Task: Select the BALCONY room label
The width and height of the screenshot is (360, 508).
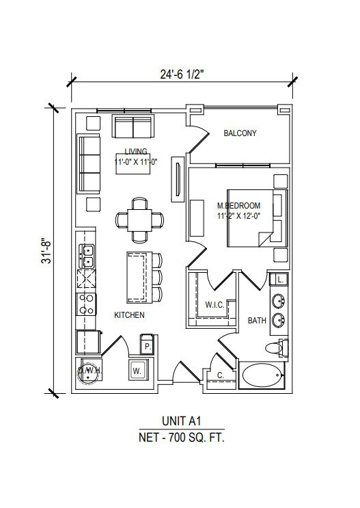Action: click(240, 133)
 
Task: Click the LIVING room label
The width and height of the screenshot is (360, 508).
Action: click(137, 152)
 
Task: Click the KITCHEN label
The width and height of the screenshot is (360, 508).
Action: click(129, 315)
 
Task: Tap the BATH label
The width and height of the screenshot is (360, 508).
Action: click(257, 320)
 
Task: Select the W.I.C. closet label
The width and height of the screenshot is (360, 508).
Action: click(215, 304)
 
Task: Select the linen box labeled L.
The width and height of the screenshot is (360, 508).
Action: click(281, 280)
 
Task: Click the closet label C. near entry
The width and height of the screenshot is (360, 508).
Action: click(221, 375)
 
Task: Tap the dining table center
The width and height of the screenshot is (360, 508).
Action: click(140, 219)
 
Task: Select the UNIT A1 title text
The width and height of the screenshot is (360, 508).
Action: click(180, 423)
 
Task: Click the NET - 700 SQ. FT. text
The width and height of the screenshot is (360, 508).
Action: click(180, 438)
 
